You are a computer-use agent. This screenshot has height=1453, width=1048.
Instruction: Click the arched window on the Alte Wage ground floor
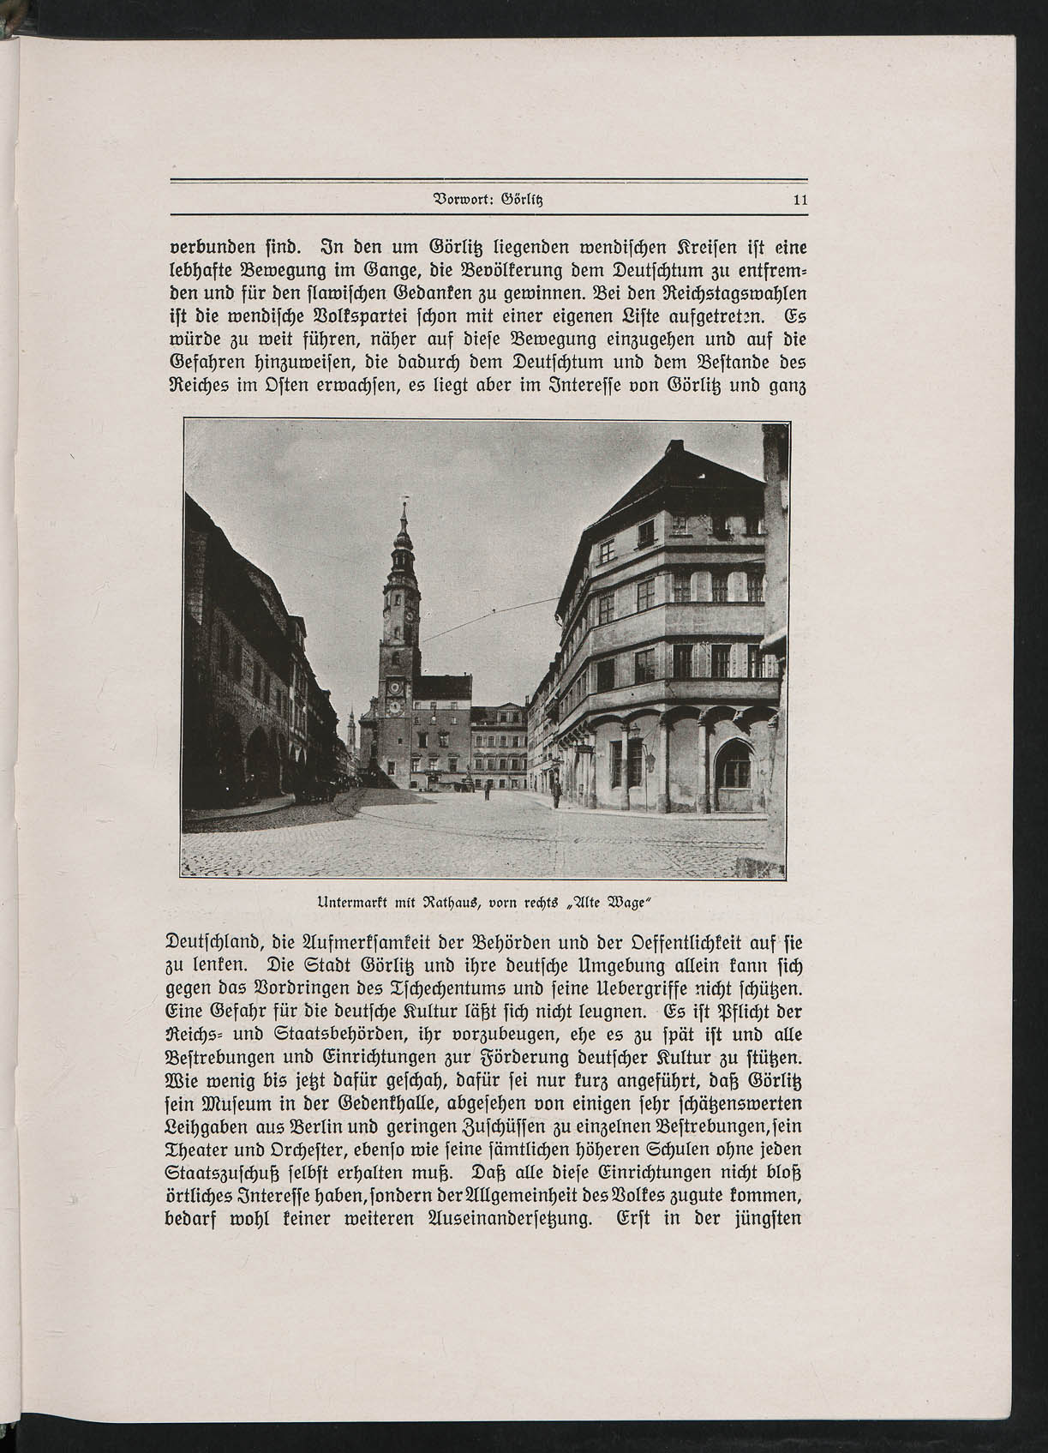734,764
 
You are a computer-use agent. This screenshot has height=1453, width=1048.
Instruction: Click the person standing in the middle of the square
486,790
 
